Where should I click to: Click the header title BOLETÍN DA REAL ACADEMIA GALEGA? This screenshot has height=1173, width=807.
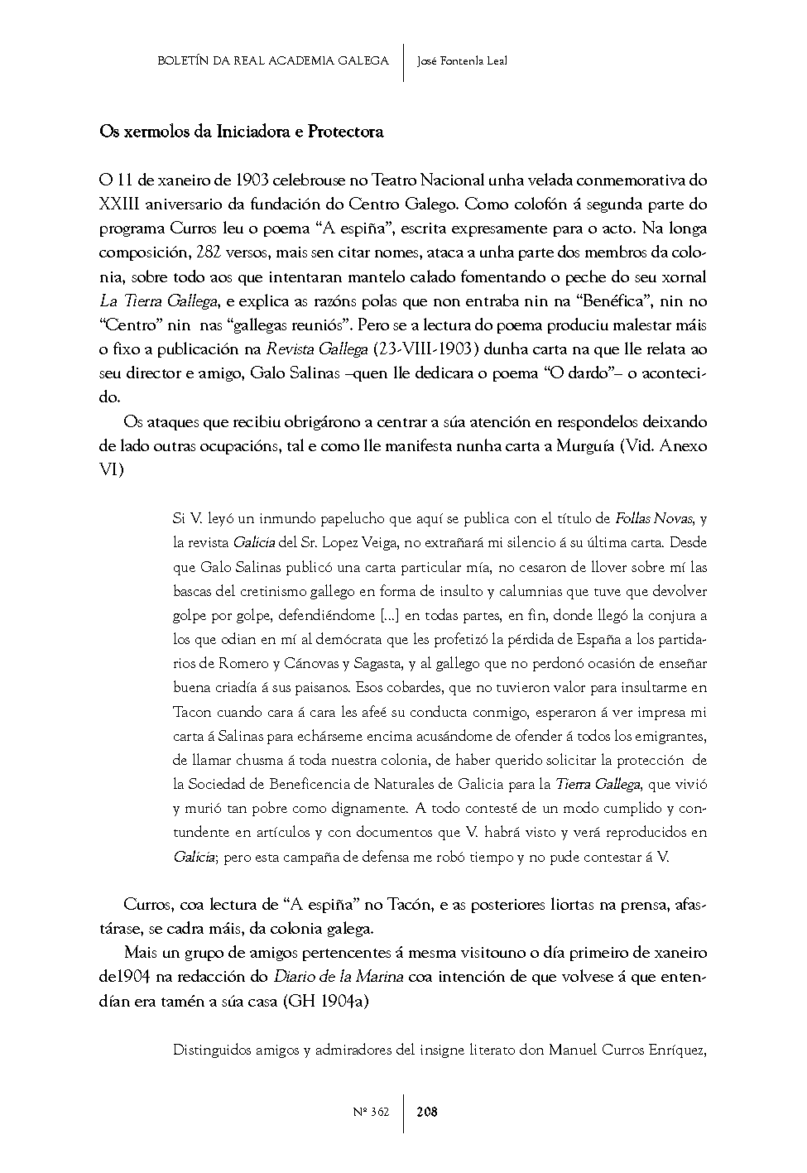click(272, 61)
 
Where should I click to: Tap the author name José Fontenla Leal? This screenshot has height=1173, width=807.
click(462, 61)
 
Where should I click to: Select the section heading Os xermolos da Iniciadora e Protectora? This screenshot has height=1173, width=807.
click(241, 132)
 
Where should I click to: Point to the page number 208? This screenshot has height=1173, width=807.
click(427, 1112)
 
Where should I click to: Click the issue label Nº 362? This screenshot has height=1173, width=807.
click(371, 1112)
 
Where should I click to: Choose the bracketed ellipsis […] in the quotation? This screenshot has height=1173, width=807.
click(389, 616)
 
